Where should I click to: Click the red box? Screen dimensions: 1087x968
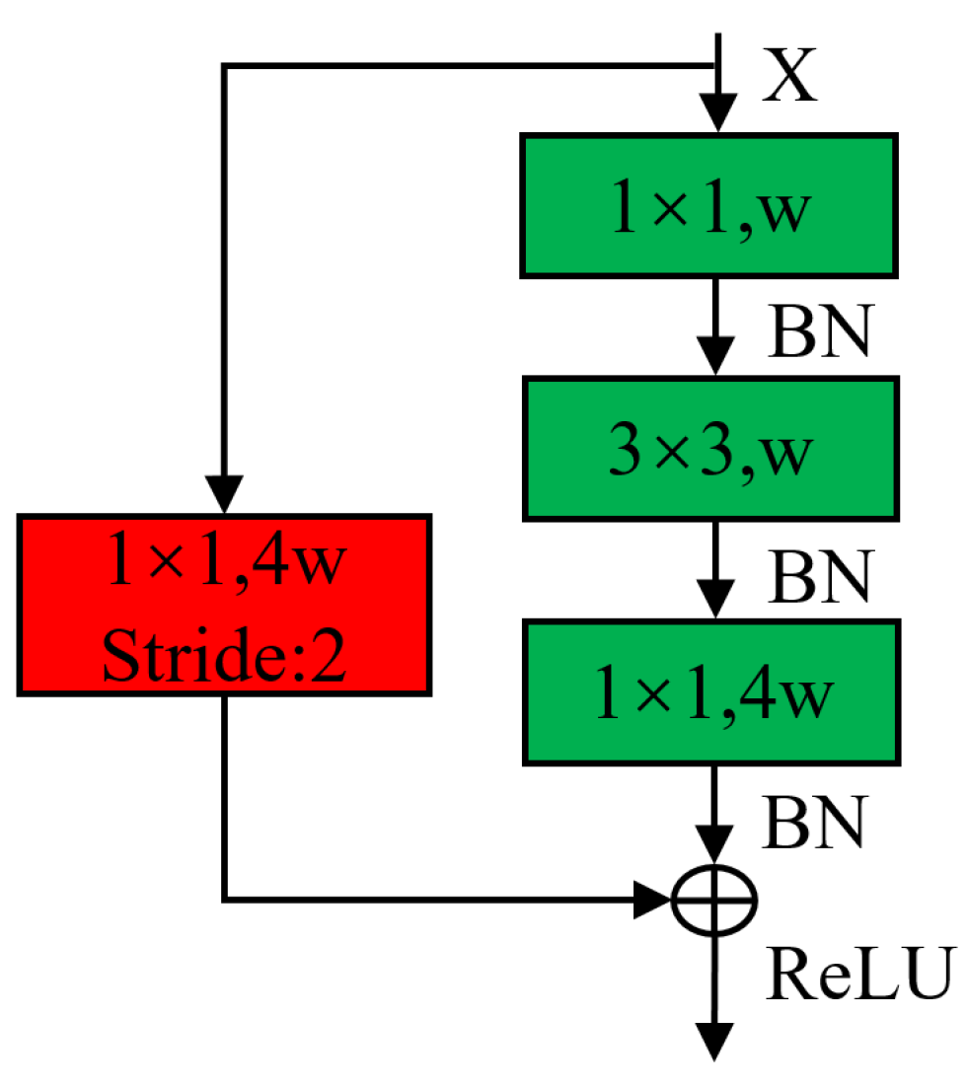point(224,604)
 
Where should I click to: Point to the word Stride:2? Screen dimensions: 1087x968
point(224,659)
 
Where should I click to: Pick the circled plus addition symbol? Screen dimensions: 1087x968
point(713,900)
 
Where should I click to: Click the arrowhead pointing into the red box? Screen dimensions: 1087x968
point(226,493)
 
